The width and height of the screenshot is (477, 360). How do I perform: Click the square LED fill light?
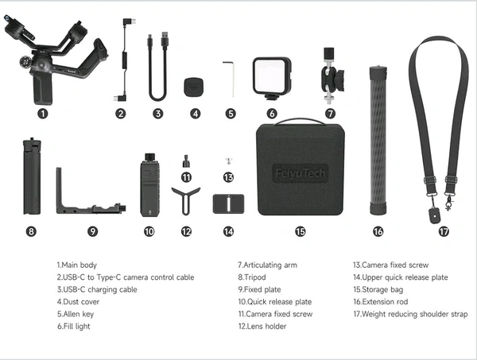point(272,78)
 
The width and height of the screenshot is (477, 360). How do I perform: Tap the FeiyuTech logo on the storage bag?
point(300,173)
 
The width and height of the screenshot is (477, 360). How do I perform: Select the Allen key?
point(229,79)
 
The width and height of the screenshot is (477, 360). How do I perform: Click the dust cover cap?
point(193,88)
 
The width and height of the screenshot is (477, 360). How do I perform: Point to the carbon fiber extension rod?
point(378,141)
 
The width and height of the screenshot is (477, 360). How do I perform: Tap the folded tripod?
point(32,176)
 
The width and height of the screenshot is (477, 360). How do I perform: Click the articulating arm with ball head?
point(331,76)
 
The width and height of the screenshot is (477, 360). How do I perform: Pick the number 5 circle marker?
point(231,114)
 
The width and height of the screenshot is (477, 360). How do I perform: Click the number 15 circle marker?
point(300,232)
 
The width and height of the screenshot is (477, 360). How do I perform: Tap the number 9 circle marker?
point(93,232)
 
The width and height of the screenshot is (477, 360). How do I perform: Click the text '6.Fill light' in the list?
point(74,327)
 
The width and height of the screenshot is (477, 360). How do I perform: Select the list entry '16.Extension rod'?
point(380,302)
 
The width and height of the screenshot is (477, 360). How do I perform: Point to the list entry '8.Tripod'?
point(252,277)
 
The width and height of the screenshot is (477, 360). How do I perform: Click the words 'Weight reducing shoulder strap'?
point(415,314)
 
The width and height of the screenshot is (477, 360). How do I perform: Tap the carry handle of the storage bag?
point(300,121)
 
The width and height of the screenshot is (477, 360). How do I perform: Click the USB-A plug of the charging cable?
point(165,40)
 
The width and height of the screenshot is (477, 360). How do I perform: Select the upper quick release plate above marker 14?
point(228,203)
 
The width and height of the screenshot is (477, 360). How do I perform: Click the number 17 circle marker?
point(444,232)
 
